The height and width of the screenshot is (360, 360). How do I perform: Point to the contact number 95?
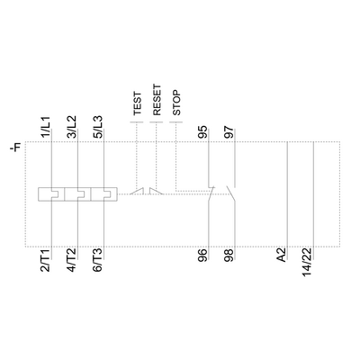click(x=203, y=130)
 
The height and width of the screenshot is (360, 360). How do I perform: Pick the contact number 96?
click(x=203, y=256)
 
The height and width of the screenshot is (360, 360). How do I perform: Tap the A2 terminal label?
click(x=282, y=256)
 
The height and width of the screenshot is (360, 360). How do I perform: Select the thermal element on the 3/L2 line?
click(x=79, y=192)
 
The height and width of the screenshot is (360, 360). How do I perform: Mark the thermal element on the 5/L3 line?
click(x=106, y=192)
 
